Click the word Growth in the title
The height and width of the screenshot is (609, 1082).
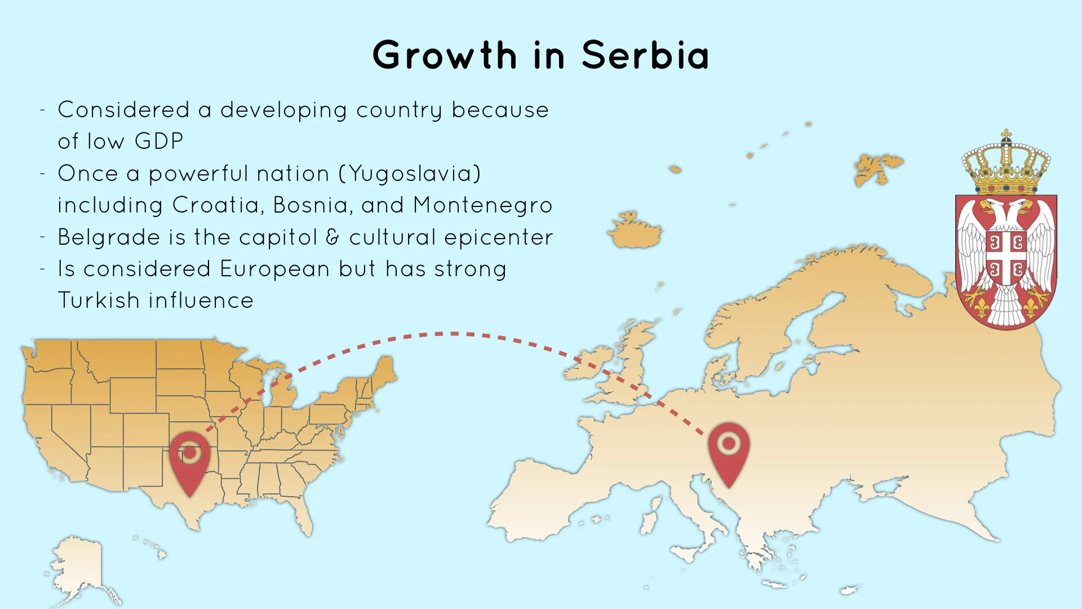click(x=444, y=56)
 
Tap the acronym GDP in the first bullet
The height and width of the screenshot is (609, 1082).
click(x=159, y=141)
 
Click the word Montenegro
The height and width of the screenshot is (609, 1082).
click(x=482, y=205)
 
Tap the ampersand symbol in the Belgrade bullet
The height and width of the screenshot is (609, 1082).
click(x=333, y=237)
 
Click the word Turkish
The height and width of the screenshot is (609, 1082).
click(x=99, y=300)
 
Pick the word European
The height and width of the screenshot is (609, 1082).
click(x=274, y=269)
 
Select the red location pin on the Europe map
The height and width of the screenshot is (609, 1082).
click(x=729, y=451)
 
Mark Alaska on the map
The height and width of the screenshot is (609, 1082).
click(x=79, y=564)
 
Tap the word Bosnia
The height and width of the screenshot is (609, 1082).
click(x=310, y=205)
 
